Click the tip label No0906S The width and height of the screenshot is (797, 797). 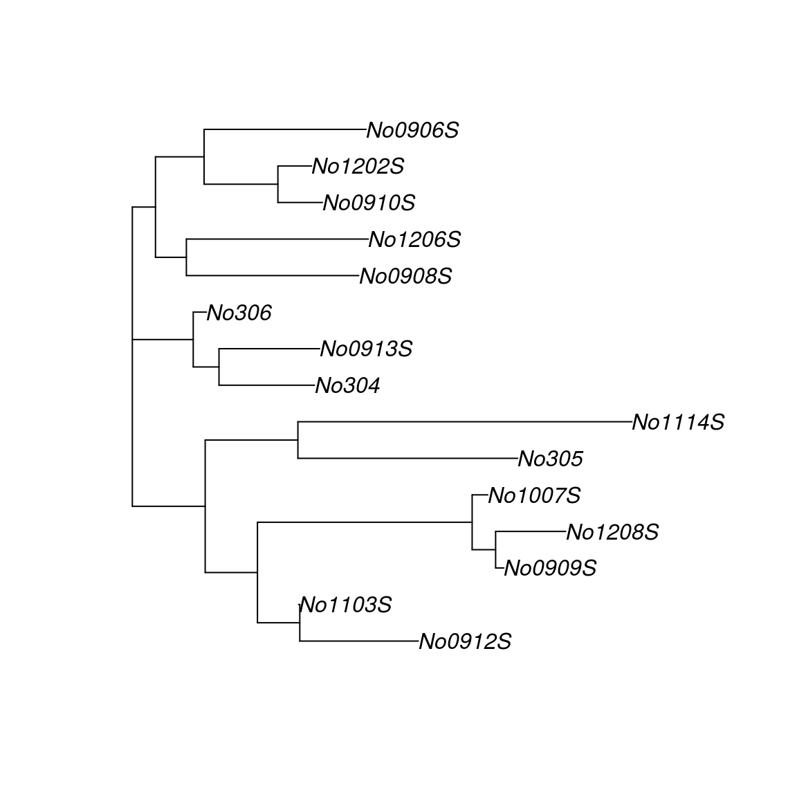point(412,130)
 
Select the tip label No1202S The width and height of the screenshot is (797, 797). point(358,167)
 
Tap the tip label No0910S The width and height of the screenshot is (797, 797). point(369,203)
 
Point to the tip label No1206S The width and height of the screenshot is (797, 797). point(414,240)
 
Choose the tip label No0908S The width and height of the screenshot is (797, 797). point(405,277)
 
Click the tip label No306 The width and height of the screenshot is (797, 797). point(239,313)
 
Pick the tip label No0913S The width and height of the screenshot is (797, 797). point(366,349)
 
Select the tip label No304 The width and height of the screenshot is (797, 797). point(347,386)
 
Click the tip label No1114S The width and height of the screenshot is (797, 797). point(678,422)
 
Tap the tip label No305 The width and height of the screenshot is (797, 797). point(551,459)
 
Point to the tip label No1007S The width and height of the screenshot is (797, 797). point(534,495)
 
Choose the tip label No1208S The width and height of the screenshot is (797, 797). point(612,532)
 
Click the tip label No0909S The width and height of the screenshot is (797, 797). point(550,569)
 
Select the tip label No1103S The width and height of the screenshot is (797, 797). point(346,605)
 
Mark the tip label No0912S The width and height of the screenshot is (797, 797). point(465,642)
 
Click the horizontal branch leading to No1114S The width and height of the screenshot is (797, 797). point(464,421)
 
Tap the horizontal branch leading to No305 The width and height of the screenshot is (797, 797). point(407,458)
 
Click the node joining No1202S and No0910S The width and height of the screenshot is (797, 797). point(278,184)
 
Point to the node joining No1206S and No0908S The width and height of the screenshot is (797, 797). point(187,257)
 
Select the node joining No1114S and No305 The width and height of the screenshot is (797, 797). point(298,440)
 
